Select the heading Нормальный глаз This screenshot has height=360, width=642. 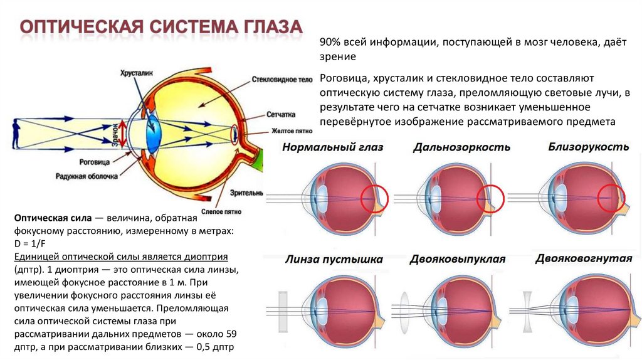332,147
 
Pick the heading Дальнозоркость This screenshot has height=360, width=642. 461,147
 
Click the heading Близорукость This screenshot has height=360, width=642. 589,147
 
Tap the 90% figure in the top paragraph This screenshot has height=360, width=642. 330,43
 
